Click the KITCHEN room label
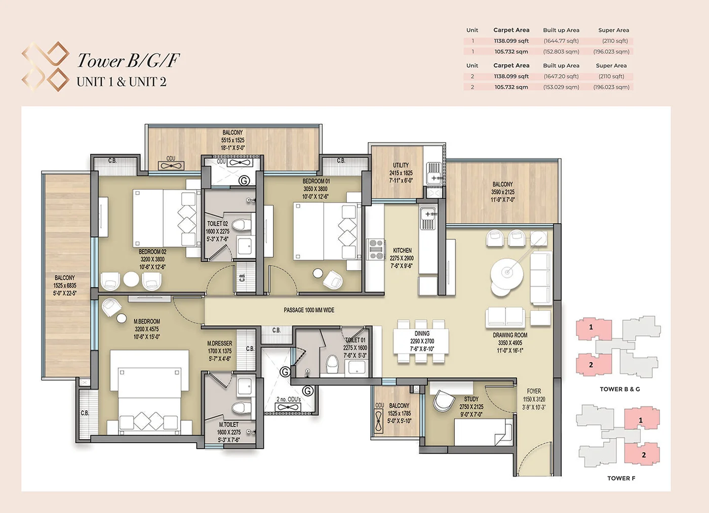(402, 250)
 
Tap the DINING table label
(422, 334)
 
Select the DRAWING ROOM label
(510, 335)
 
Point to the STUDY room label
(471, 399)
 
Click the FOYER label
(534, 391)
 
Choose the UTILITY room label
(401, 165)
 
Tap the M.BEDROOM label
(147, 321)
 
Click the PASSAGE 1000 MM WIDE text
(309, 310)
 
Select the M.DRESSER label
(219, 344)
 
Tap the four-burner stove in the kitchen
(376, 249)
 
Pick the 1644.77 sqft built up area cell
(561, 41)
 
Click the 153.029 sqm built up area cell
(561, 87)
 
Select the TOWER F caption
(621, 478)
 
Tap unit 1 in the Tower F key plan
(641, 420)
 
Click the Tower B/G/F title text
(129, 61)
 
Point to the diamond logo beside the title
(46, 66)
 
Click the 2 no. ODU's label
(289, 399)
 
